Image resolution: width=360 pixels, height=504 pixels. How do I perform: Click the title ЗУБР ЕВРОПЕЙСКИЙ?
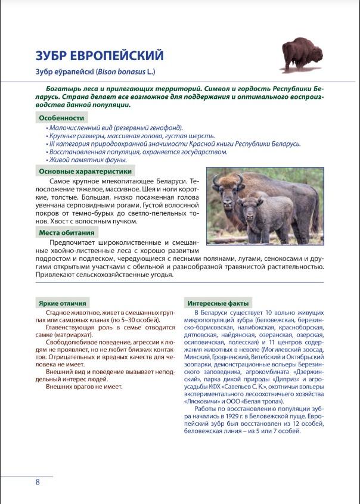99,56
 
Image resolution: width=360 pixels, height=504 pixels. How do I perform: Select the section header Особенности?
61,118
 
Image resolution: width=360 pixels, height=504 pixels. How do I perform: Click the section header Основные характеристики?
85,172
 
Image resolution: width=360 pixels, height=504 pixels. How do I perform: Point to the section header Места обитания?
67,232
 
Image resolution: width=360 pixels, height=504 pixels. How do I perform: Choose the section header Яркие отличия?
62,303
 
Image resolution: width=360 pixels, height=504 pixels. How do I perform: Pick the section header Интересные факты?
218,303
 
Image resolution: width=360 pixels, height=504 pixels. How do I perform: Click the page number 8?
38,482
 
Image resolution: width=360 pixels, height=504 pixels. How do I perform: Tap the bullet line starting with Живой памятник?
88,160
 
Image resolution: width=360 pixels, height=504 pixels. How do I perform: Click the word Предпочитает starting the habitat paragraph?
70,243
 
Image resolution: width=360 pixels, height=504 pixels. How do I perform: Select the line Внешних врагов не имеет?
84,387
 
